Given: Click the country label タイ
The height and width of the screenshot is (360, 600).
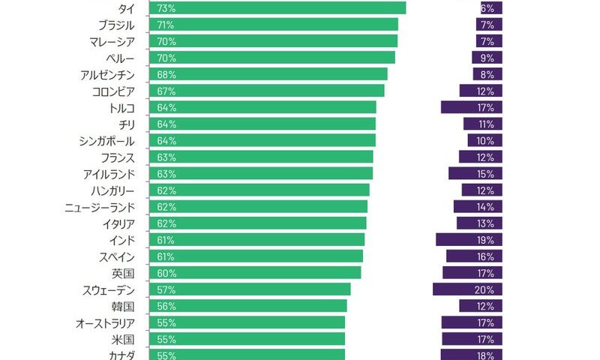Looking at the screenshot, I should pos(126,8).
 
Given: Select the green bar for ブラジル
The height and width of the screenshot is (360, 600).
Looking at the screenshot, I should pos(274,25).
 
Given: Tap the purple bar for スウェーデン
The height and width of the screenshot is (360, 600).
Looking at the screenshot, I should pos(466,289).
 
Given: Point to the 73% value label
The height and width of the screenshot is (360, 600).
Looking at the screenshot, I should pos(166,8).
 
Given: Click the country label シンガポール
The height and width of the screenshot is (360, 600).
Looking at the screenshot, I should pos(106,141).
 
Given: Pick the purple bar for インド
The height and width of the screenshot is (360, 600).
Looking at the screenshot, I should pos(468,240).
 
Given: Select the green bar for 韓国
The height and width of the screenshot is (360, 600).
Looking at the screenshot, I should pos(248,306).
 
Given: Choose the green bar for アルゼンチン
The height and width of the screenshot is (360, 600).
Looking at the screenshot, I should pos(268,74).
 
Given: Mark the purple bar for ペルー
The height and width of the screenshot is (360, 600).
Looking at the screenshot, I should pos(487,58).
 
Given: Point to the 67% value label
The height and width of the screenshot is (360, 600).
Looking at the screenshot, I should pos(166,91).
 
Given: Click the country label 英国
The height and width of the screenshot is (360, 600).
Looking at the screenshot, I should pos(123,273).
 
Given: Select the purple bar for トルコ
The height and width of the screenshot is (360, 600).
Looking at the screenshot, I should pos(471,107).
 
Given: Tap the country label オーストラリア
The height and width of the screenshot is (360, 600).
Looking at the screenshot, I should pos(105,322).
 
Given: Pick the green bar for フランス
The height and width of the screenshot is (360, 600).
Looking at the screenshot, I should pos(261,157).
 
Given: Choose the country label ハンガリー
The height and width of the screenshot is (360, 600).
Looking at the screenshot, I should pos(111,190).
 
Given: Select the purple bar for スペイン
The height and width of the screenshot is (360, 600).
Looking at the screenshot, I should pos(473,256).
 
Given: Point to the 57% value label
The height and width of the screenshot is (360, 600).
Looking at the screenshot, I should pos(166,289).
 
